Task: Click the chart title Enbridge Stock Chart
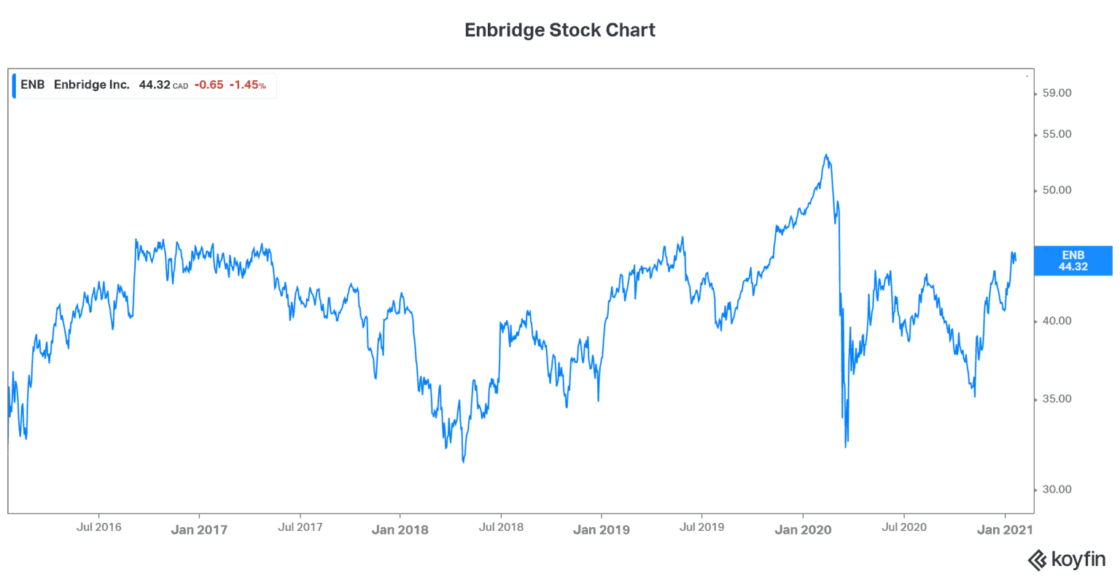pos(560,31)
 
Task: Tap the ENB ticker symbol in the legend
pos(33,85)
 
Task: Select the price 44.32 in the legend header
pos(155,85)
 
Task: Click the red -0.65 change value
pos(209,85)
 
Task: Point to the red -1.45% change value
pos(247,85)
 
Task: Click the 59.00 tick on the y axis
pos(1057,93)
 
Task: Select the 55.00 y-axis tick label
pos(1057,134)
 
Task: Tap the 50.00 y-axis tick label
pos(1057,190)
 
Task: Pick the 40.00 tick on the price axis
pos(1057,321)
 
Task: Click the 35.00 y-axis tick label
pos(1057,399)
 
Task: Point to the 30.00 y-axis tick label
pos(1057,489)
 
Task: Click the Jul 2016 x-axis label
pos(98,527)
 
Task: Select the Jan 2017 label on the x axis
pos(199,530)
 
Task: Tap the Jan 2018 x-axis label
pos(400,530)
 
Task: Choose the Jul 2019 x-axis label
pos(701,527)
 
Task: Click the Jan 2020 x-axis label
pos(803,530)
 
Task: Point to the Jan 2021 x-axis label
pos(1005,530)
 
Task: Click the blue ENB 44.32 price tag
pos(1073,261)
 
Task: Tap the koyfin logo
pos(1066,560)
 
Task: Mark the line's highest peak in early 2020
pos(826,155)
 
